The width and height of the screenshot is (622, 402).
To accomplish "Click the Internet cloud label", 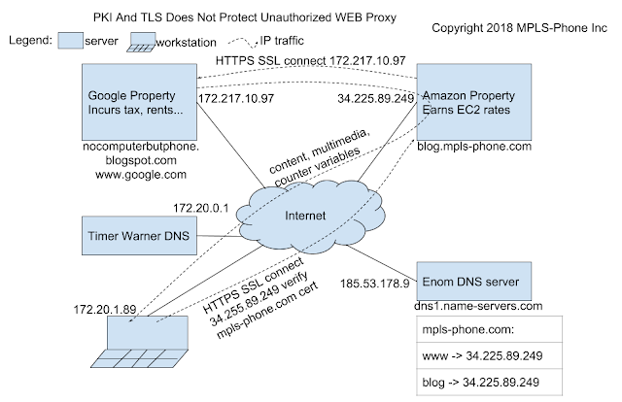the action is (x=305, y=216).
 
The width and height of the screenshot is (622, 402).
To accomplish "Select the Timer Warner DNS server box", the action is (x=139, y=236).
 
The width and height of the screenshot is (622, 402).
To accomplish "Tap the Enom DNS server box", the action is (x=474, y=281).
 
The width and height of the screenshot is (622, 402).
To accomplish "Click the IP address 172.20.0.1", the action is (x=201, y=208).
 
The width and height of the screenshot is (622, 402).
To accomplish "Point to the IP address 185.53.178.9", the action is (x=375, y=284).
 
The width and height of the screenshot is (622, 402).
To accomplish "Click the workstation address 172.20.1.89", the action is (x=105, y=309).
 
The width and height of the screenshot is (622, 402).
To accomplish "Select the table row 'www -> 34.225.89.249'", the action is (x=490, y=355).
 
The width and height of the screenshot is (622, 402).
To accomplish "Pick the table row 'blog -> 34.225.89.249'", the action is (x=490, y=383).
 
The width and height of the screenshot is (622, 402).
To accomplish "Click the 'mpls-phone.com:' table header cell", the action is (x=490, y=329).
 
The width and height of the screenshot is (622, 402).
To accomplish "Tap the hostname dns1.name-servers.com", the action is (x=478, y=306).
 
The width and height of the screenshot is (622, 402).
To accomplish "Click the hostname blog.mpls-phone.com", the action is (x=474, y=147).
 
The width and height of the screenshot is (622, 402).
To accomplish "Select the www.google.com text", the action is (x=141, y=175).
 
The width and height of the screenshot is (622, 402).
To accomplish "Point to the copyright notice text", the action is (x=519, y=28).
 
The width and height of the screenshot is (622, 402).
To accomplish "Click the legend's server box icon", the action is (x=71, y=41).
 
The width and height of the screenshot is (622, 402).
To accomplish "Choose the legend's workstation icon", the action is (x=142, y=42).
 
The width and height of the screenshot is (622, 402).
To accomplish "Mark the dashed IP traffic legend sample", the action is (x=243, y=42).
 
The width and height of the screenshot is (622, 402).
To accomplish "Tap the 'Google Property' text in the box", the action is (x=131, y=95).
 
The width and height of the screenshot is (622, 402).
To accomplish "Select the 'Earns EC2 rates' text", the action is (x=466, y=110).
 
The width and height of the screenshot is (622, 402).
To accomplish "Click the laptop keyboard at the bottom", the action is (x=139, y=358).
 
